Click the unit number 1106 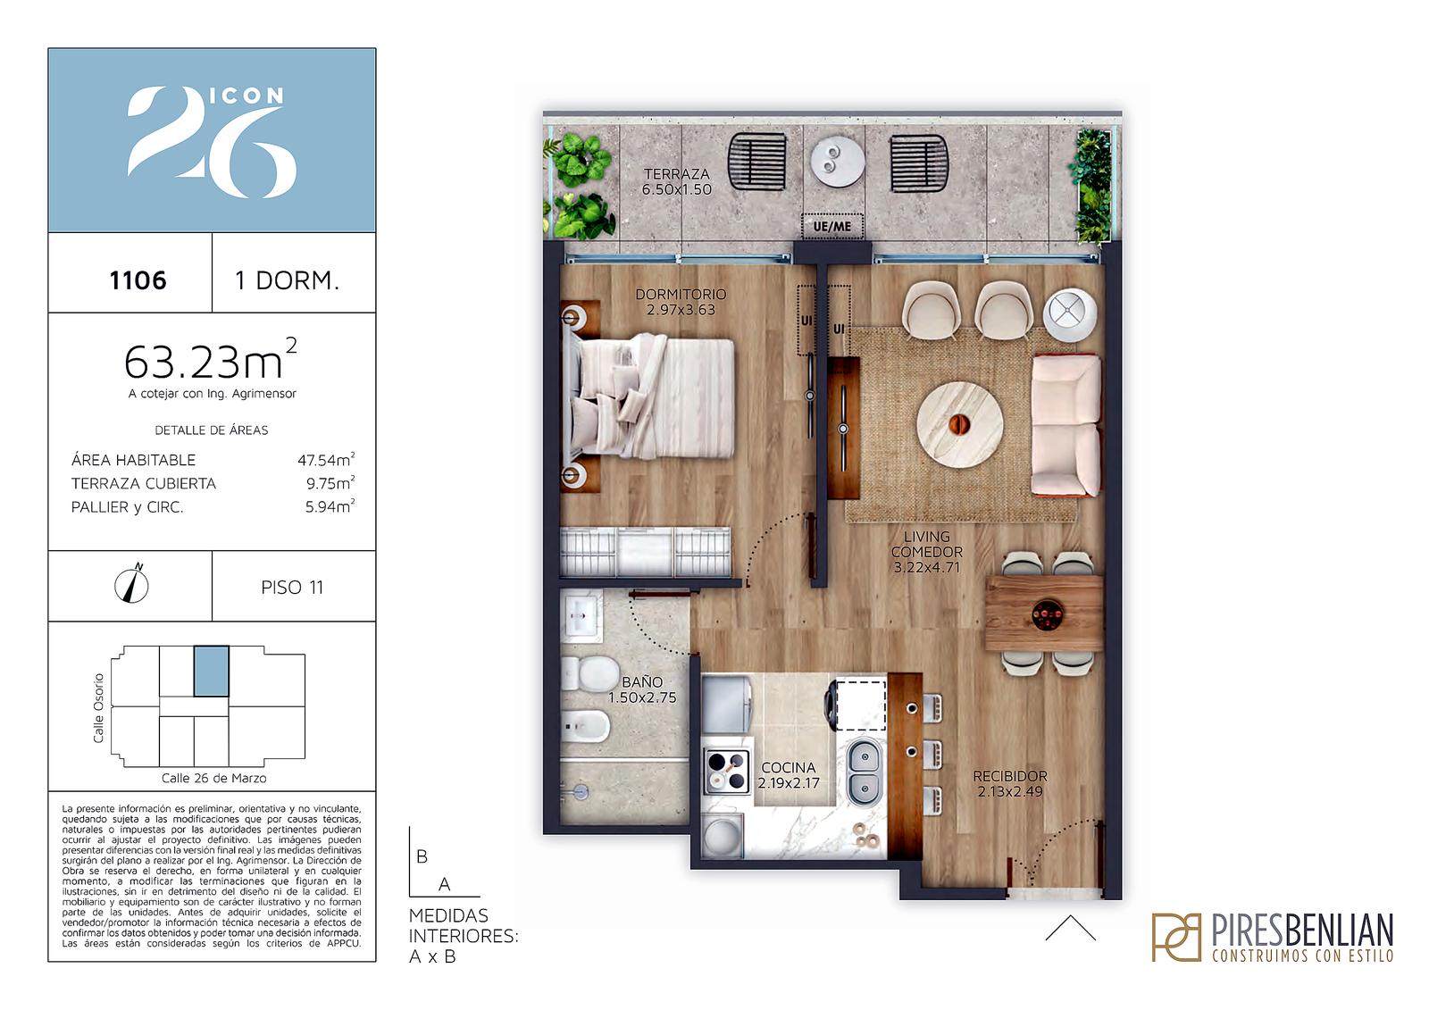coord(138,280)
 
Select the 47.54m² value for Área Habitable coord(326,459)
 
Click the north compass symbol coord(131,584)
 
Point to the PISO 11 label coord(292,587)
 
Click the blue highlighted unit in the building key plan coord(211,671)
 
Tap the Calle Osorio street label coord(98,708)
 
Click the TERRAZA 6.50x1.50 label coord(676,181)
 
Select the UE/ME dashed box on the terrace coord(831,226)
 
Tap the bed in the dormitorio coord(648,397)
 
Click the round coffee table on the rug coord(959,424)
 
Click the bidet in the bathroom coord(586,725)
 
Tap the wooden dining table coord(1044,614)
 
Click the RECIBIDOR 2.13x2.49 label coord(1010,783)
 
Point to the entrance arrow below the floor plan coord(1071,928)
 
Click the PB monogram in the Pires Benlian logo coord(1176,937)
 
